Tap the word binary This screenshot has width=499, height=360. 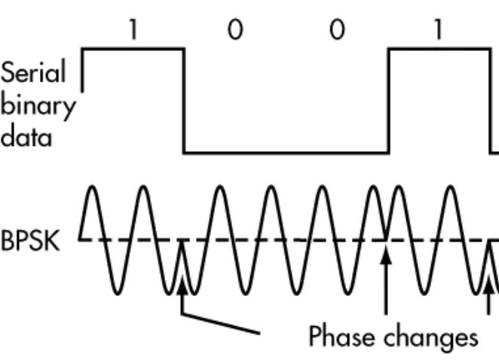point(37,107)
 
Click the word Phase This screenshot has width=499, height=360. point(341,335)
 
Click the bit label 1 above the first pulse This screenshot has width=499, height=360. point(133,31)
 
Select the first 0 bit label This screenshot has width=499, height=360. point(235,31)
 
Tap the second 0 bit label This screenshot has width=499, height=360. point(338,31)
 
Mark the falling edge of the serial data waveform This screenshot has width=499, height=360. point(184,102)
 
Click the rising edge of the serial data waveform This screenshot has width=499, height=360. point(389,102)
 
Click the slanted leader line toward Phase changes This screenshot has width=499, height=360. point(222,321)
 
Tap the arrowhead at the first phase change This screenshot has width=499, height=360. point(183,284)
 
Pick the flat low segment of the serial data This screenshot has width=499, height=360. point(286,154)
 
